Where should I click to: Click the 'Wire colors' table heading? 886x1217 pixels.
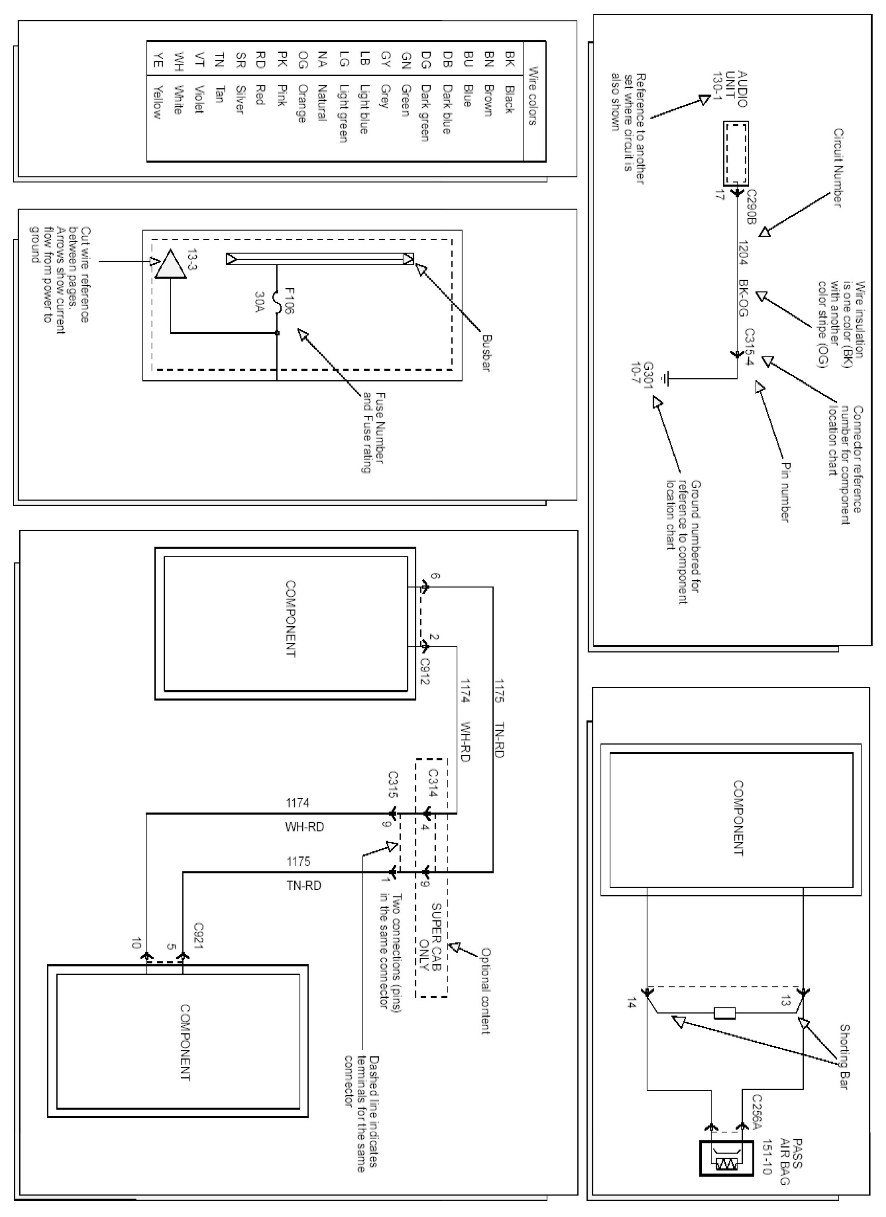[x=533, y=96]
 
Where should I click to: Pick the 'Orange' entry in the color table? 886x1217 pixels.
[x=302, y=103]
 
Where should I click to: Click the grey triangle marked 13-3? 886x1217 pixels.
[x=170, y=265]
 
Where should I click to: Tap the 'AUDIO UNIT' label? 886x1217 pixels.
[x=736, y=89]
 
